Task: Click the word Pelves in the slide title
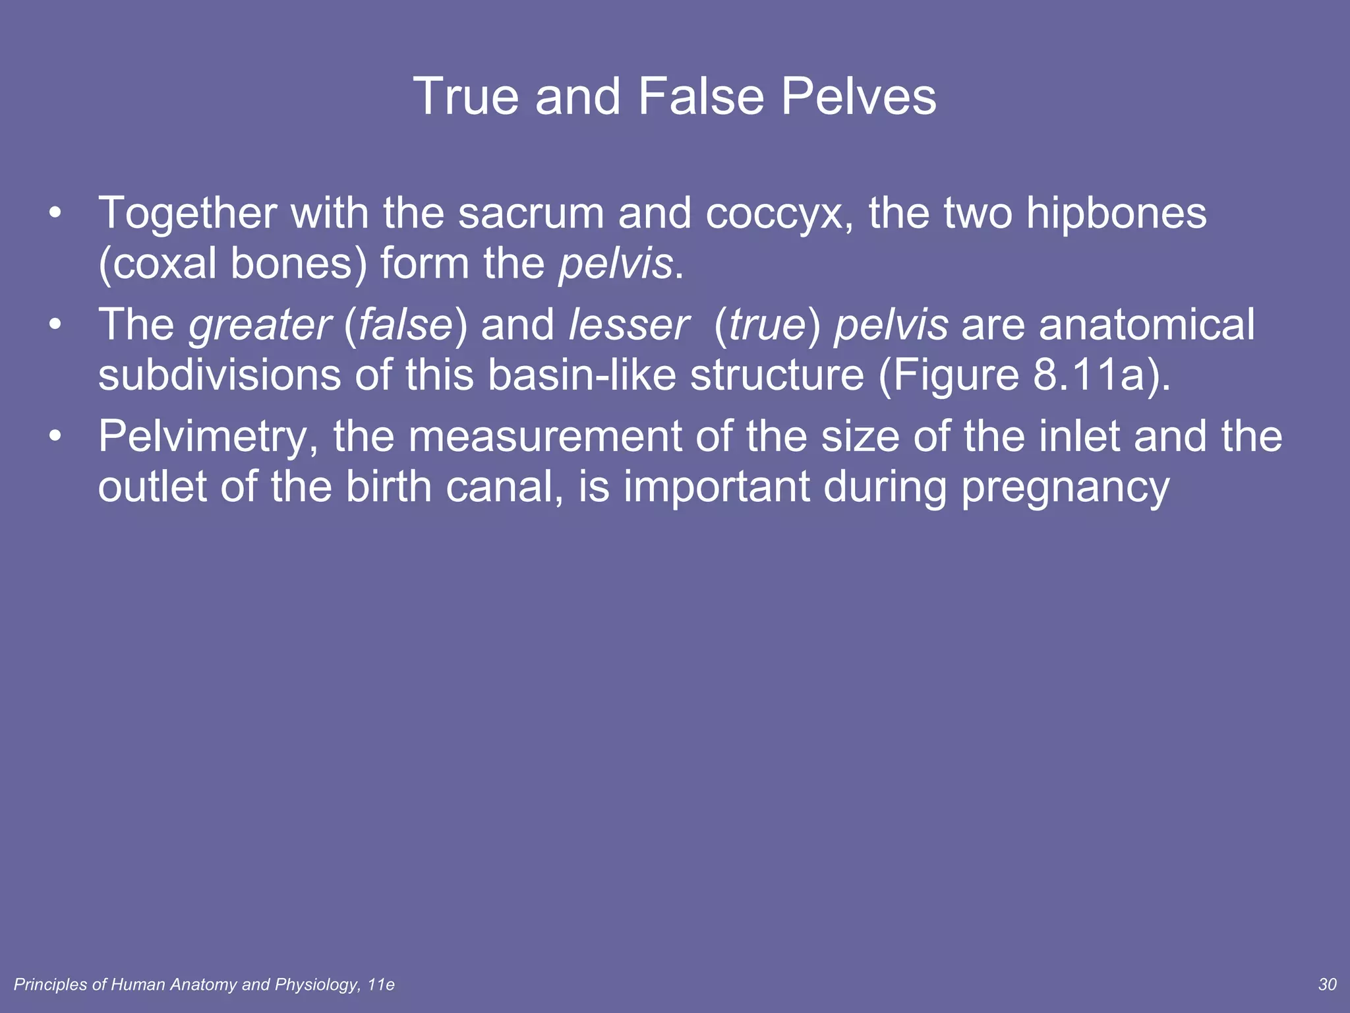click(x=858, y=96)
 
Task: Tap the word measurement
click(x=544, y=436)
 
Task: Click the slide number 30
click(x=1327, y=985)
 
